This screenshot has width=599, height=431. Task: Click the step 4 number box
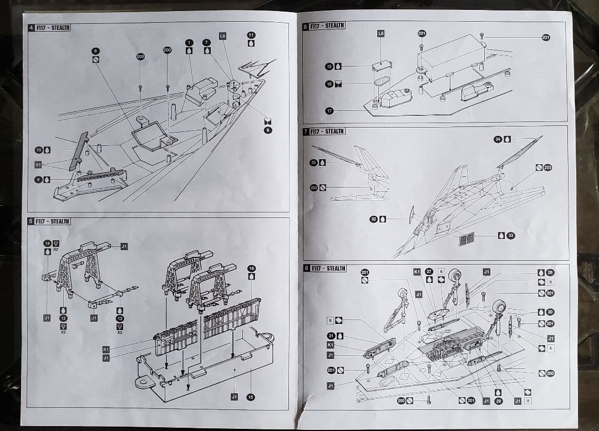coord(32,28)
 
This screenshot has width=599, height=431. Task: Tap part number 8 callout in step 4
coord(96,50)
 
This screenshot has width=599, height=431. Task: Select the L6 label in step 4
coord(222,36)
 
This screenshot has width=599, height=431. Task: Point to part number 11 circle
coord(251,35)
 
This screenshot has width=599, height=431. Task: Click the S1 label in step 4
coord(38,165)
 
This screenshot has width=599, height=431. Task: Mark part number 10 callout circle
coord(39,150)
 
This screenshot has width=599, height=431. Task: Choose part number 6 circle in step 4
coord(268,130)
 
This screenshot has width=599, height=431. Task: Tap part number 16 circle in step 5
coord(251,268)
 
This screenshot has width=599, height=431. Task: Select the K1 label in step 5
coord(106,349)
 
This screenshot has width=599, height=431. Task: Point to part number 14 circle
coord(47,243)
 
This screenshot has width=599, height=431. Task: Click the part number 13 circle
coord(119,318)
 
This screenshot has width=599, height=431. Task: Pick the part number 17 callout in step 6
coord(329,111)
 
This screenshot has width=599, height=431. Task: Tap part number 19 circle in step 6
coord(329,67)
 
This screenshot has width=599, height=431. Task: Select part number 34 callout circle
coord(498,139)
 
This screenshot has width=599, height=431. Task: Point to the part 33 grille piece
coord(467,240)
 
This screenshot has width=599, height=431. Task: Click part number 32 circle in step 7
coord(373,219)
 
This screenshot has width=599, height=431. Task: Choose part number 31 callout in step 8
coord(331,336)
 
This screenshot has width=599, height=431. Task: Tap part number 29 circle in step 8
coord(498,400)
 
